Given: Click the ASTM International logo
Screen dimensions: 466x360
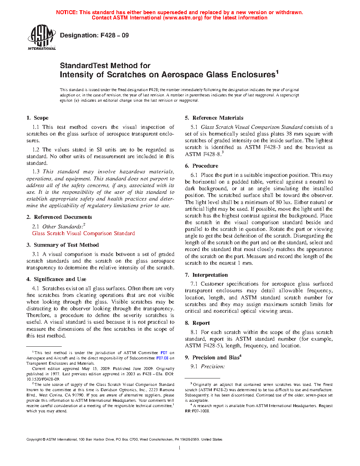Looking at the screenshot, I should pyautogui.click(x=41, y=37).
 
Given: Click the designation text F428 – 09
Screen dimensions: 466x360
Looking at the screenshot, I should pyautogui.click(x=115, y=35).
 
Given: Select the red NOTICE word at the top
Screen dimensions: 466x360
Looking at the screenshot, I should pyautogui.click(x=67, y=12).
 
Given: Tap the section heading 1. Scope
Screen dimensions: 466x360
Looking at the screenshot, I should pyautogui.click(x=37, y=118).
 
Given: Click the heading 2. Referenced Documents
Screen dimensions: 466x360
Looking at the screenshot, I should pyautogui.click(x=59, y=217).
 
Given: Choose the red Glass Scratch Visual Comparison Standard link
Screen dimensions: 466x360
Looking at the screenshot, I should pyautogui.click(x=83, y=233).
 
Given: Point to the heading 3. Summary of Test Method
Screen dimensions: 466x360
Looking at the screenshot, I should pyautogui.click(x=62, y=245).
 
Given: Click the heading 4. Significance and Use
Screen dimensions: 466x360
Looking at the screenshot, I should pyautogui.click(x=56, y=279).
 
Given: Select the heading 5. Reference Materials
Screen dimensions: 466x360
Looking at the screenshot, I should pyautogui.click(x=214, y=118).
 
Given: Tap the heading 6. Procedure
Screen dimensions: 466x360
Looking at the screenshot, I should pyautogui.click(x=202, y=166).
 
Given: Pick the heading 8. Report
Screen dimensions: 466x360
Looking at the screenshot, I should pyautogui.click(x=197, y=323).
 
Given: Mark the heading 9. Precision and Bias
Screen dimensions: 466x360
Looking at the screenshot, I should pyautogui.click(x=212, y=358).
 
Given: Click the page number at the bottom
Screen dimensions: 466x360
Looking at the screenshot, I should pyautogui.click(x=180, y=448).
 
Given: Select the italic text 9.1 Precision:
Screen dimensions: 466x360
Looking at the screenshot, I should pyautogui.click(x=208, y=366).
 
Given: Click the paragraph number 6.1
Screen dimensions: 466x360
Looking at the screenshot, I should pyautogui.click(x=194, y=175).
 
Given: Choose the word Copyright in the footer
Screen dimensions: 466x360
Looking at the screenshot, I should pyautogui.click(x=34, y=440).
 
